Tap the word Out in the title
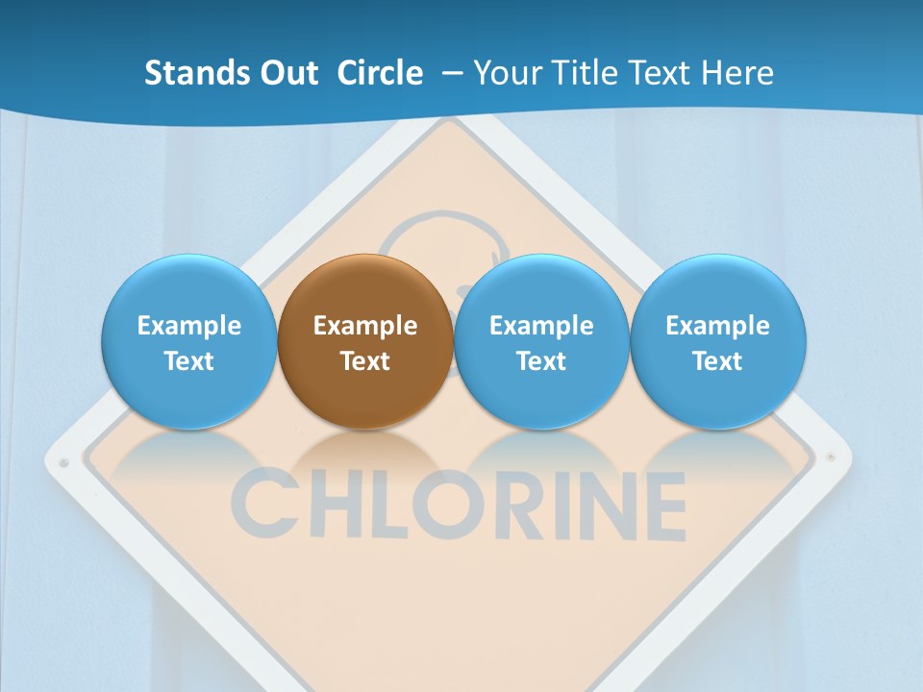[x=288, y=73]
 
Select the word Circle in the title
[x=380, y=73]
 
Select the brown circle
[x=365, y=341]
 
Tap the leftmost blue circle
[x=189, y=341]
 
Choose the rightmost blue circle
[x=718, y=341]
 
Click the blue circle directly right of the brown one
[x=541, y=341]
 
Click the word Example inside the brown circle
[x=365, y=326]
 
